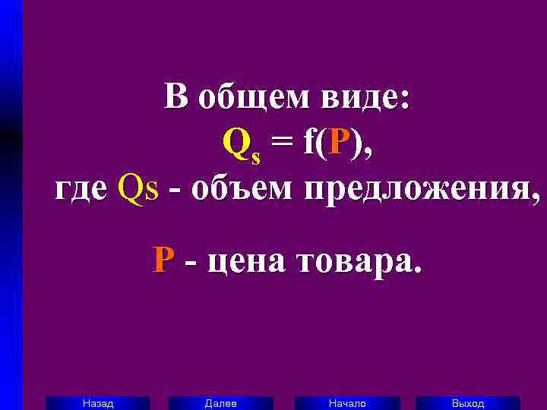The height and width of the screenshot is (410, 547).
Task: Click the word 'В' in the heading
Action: coord(175,98)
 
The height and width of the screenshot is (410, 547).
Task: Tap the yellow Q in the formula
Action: coord(235,142)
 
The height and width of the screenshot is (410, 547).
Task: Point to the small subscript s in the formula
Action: coord(255,156)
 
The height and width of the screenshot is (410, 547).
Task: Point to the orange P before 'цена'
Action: coord(162,261)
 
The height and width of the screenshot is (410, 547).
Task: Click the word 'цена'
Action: coord(244,261)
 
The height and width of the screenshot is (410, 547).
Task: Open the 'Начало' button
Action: coord(346,403)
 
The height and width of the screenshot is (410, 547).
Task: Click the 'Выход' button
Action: coord(468,403)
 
